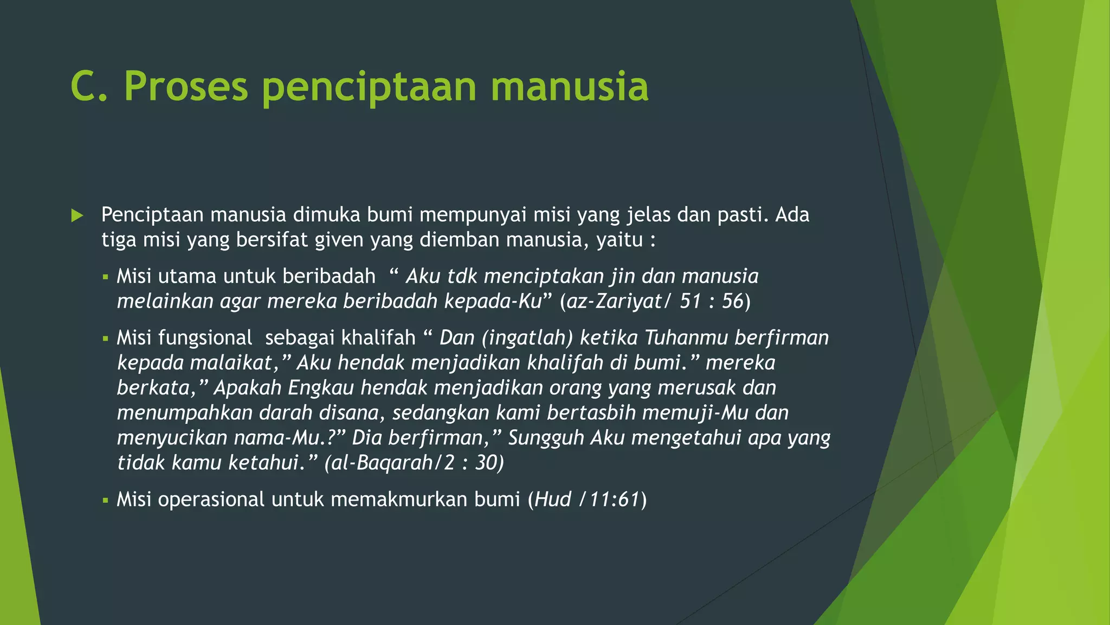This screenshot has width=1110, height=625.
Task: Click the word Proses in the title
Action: pyautogui.click(x=186, y=87)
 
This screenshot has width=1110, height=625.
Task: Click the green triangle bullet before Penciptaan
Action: pyautogui.click(x=77, y=216)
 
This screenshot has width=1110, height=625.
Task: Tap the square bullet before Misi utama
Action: pyautogui.click(x=106, y=278)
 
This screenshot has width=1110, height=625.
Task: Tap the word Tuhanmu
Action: pyautogui.click(x=686, y=338)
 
